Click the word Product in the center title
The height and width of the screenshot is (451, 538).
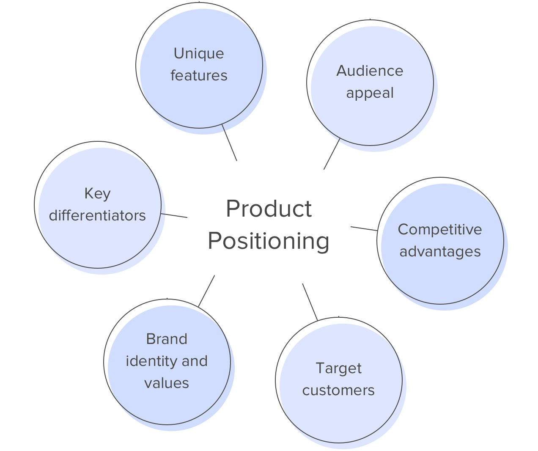pyautogui.click(x=269, y=209)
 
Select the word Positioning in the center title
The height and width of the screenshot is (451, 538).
pyautogui.click(x=269, y=241)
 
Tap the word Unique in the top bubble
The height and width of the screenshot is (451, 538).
pyautogui.click(x=199, y=53)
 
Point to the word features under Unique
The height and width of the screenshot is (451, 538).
pyautogui.click(x=199, y=75)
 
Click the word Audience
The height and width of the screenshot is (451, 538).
pyautogui.click(x=370, y=71)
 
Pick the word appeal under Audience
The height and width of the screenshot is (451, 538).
pyautogui.click(x=370, y=93)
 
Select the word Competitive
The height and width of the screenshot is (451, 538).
pyautogui.click(x=440, y=229)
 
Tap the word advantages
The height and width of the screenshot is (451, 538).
pyautogui.click(x=440, y=251)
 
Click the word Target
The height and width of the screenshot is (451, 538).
pyautogui.click(x=338, y=368)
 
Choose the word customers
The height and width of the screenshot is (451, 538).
pyautogui.click(x=338, y=390)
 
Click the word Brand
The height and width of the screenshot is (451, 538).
pyautogui.click(x=167, y=339)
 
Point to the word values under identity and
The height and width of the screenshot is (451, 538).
pyautogui.click(x=167, y=383)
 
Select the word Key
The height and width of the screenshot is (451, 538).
pyautogui.click(x=97, y=193)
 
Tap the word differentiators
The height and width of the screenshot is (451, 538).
pyautogui.click(x=97, y=215)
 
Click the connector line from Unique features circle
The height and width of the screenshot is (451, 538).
pyautogui.click(x=229, y=143)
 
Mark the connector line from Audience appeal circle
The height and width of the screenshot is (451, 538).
pyautogui.click(x=332, y=154)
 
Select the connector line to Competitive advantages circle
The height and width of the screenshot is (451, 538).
pyautogui.click(x=364, y=228)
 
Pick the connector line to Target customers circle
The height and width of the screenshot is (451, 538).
pyautogui.click(x=310, y=302)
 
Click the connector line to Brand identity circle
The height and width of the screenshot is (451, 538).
pyautogui.click(x=206, y=291)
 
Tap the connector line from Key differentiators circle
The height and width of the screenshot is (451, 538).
pyautogui.click(x=174, y=215)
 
